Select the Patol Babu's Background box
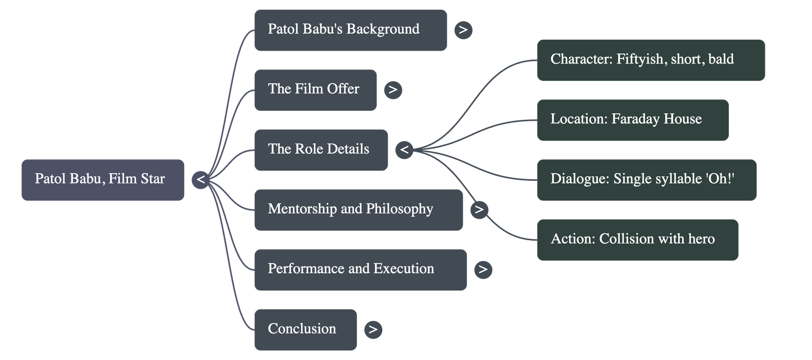click(x=350, y=30)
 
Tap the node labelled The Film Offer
click(x=315, y=90)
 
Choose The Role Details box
click(x=321, y=150)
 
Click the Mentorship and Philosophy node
click(x=358, y=210)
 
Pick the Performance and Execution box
click(x=360, y=270)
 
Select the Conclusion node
click(x=305, y=330)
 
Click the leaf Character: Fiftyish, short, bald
click(x=651, y=60)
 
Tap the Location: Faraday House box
click(x=632, y=120)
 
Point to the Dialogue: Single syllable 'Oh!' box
click(x=646, y=180)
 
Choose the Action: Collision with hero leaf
click(x=637, y=240)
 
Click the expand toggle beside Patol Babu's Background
click(x=463, y=30)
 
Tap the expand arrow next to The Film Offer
click(x=393, y=90)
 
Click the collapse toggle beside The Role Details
click(x=404, y=150)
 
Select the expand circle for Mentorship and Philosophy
click(x=479, y=210)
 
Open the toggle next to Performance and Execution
click(x=483, y=270)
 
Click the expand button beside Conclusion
click(x=373, y=330)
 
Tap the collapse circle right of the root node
click(x=200, y=180)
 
